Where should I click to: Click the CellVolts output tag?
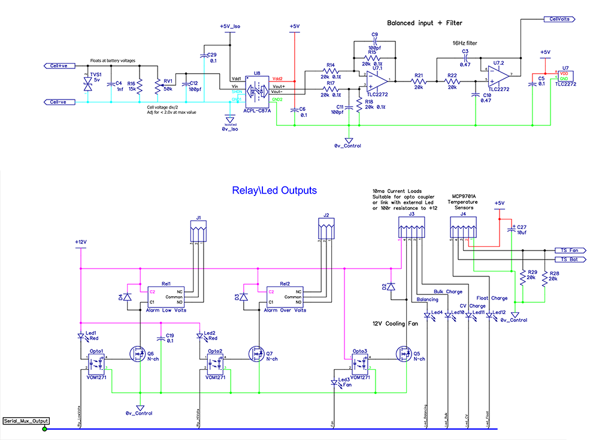(559, 19)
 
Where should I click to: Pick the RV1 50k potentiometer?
(158, 86)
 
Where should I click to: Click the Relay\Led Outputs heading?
(274, 191)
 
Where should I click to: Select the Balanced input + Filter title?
(425, 23)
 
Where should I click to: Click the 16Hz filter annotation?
(466, 43)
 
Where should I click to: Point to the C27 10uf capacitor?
(513, 228)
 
